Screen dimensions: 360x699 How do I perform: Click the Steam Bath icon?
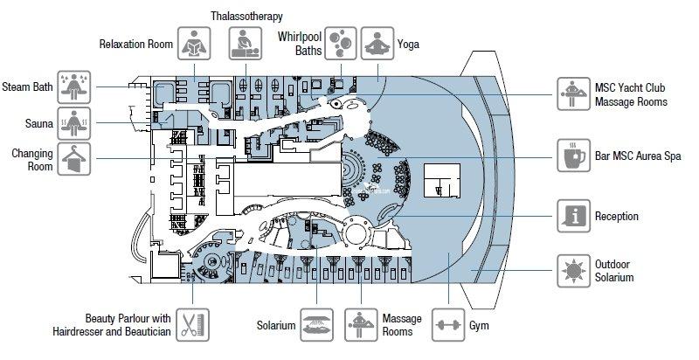point(75,87)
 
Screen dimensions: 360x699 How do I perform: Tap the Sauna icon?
point(75,124)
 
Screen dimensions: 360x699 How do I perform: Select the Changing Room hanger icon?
point(75,160)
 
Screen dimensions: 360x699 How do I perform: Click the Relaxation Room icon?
point(194,43)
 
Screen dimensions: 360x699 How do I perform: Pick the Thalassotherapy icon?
point(246,43)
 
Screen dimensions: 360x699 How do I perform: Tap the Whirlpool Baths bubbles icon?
point(341,43)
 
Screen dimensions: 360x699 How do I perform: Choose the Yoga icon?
point(377,43)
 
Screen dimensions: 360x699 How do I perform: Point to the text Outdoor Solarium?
point(614,271)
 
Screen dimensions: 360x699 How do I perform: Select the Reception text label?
point(618,217)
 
